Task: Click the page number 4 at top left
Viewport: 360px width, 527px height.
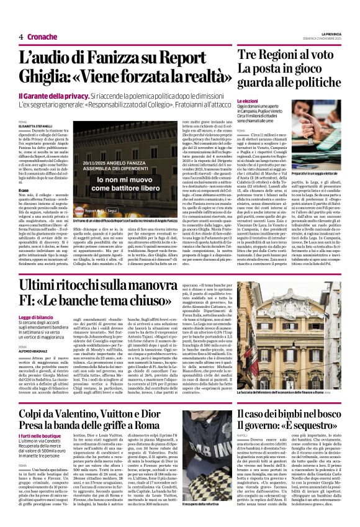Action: [x=21, y=37]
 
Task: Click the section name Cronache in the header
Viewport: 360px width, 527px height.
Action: [x=42, y=37]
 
